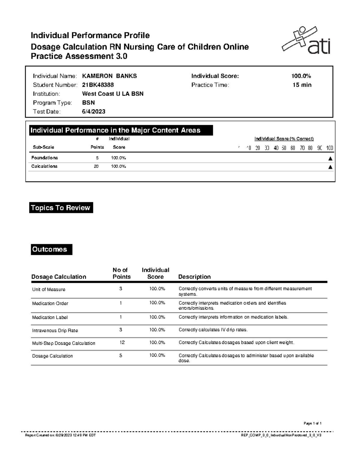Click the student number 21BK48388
[x=98, y=85]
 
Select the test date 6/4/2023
[x=94, y=112]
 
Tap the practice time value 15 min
[x=302, y=85]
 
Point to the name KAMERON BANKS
[x=109, y=76]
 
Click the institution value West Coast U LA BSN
[x=113, y=94]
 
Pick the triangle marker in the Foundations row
[x=330, y=158]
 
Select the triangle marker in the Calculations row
[x=330, y=167]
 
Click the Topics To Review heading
[x=61, y=208]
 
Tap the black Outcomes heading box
[x=51, y=249]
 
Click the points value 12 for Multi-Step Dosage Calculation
[x=122, y=342]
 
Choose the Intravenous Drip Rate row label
[x=55, y=331]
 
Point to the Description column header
[x=194, y=277]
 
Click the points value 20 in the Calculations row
[x=96, y=166]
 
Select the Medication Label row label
[x=50, y=317]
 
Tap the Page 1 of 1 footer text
[x=313, y=423]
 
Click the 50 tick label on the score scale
[x=283, y=148]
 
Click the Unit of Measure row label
[x=49, y=290]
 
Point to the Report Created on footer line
[x=60, y=435]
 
